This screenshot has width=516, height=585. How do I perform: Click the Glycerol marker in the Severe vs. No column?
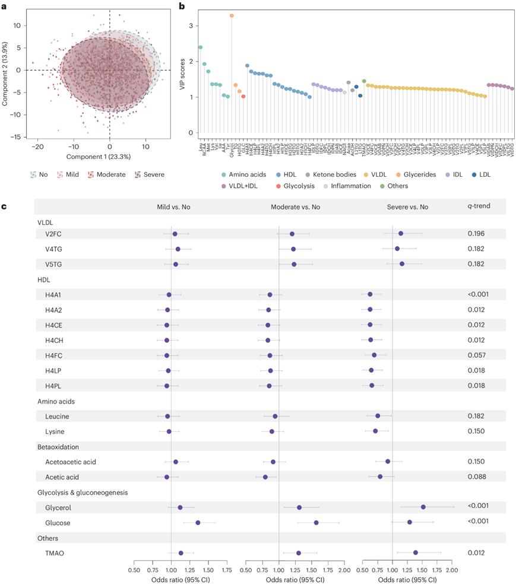[x=423, y=507]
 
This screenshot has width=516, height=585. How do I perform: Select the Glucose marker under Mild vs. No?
[x=198, y=523]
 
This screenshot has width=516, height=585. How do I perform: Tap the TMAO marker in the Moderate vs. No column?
[x=299, y=553]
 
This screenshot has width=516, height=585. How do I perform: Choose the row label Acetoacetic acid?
[x=70, y=462]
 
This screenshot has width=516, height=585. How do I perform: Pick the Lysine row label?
[x=55, y=431]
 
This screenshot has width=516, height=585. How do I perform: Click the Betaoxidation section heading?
[x=58, y=446]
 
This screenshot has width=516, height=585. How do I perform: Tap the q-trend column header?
[x=479, y=206]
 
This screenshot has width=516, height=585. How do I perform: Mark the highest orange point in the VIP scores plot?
[x=232, y=15]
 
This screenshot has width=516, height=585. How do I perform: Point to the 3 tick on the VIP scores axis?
[x=192, y=26]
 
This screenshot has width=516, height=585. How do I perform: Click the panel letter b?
[x=182, y=6]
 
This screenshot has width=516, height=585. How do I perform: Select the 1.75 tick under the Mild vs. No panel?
[x=226, y=571]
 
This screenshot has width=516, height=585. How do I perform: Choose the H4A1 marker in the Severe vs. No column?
[x=370, y=294]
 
